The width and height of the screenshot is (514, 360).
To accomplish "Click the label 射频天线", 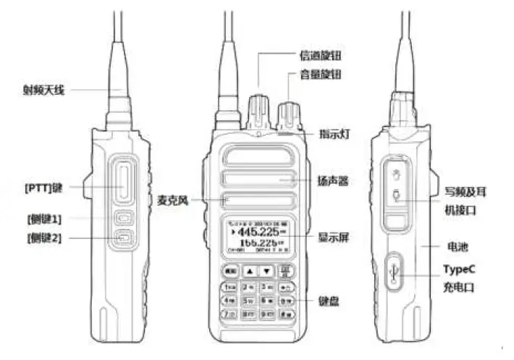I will (45, 91).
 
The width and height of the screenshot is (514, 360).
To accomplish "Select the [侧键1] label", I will (45, 219).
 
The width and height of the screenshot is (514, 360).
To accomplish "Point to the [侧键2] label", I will (45, 237).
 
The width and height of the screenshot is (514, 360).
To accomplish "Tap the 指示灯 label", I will (335, 134).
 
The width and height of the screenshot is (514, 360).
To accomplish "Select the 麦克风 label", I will (174, 200).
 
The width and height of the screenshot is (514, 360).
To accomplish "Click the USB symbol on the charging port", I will (392, 272).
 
